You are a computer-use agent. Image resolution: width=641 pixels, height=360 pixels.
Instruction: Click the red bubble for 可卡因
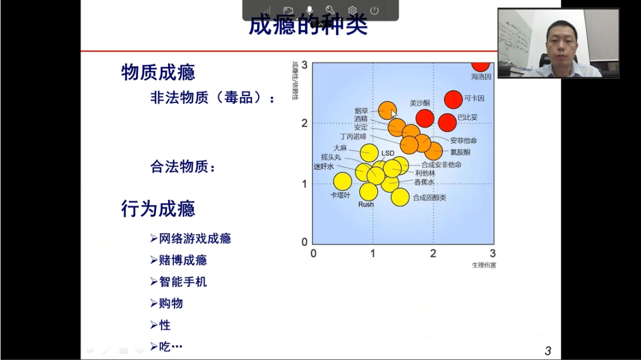(x=453, y=100)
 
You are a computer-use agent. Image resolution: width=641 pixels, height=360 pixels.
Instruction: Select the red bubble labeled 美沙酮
(x=424, y=118)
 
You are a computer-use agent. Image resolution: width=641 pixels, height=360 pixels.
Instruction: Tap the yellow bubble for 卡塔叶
(x=342, y=181)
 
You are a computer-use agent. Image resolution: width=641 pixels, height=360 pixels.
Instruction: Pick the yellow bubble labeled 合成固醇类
(x=400, y=197)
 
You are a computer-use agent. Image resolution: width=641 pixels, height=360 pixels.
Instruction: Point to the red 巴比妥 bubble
(x=448, y=122)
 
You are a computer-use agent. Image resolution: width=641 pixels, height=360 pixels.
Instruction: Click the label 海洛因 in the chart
(x=481, y=77)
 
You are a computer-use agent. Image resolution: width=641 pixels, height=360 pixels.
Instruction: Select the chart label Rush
(x=366, y=205)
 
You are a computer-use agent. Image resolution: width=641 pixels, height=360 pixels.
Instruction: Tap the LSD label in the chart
(x=388, y=154)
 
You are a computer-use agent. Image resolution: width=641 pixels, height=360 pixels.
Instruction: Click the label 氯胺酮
(x=460, y=152)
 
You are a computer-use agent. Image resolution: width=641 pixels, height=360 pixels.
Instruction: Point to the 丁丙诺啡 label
(x=353, y=136)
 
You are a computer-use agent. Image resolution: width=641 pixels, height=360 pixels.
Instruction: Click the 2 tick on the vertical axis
(x=304, y=123)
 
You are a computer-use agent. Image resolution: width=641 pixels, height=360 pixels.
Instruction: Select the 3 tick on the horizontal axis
(x=492, y=254)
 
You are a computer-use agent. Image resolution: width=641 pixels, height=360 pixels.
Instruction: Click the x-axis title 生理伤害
(x=484, y=265)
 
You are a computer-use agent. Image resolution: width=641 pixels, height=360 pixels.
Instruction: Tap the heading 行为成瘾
(x=158, y=209)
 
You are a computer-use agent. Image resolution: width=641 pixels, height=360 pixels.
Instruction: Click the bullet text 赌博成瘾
(x=183, y=260)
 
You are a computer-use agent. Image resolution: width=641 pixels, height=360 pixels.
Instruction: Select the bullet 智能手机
(x=183, y=282)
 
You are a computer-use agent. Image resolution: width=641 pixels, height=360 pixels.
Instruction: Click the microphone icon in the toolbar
(x=309, y=10)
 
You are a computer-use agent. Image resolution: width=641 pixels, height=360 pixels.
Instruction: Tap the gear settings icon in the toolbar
(x=353, y=10)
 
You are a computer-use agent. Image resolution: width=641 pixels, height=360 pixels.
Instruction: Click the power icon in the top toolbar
(x=375, y=10)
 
